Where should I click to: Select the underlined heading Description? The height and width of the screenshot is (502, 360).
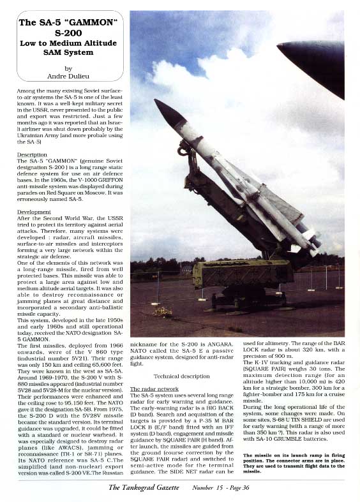tap(31, 154)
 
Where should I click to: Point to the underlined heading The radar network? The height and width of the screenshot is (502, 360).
tap(154, 388)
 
